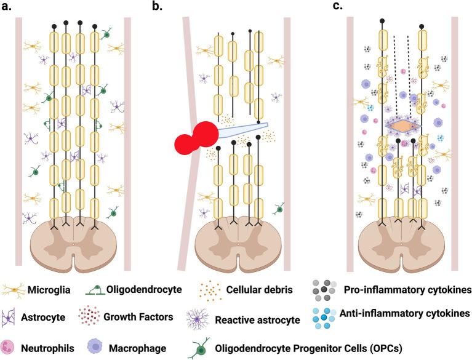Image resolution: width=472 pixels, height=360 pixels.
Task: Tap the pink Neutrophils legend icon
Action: pos(13,347)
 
